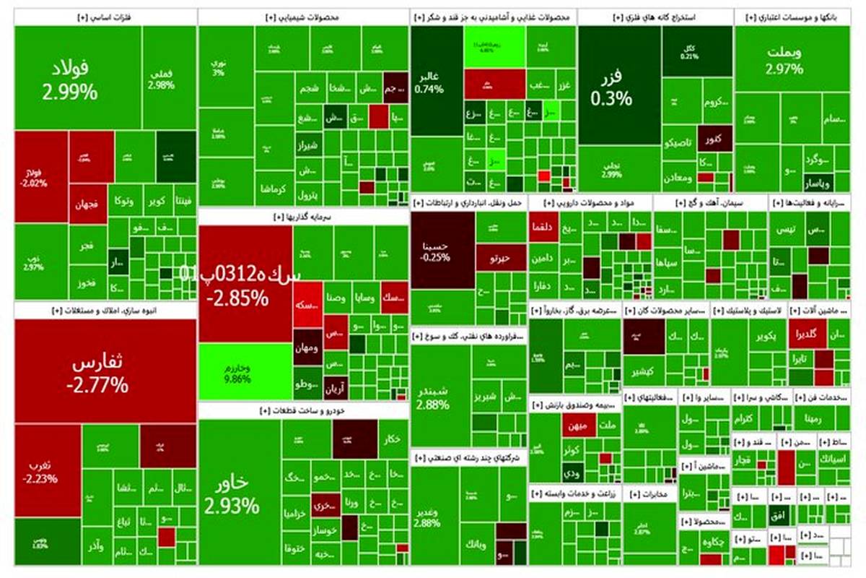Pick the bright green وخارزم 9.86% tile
[x=245, y=372]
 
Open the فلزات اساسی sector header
[x=105, y=17]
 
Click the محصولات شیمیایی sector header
[x=303, y=17]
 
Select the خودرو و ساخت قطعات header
[x=303, y=410]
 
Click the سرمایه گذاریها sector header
[x=303, y=216]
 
